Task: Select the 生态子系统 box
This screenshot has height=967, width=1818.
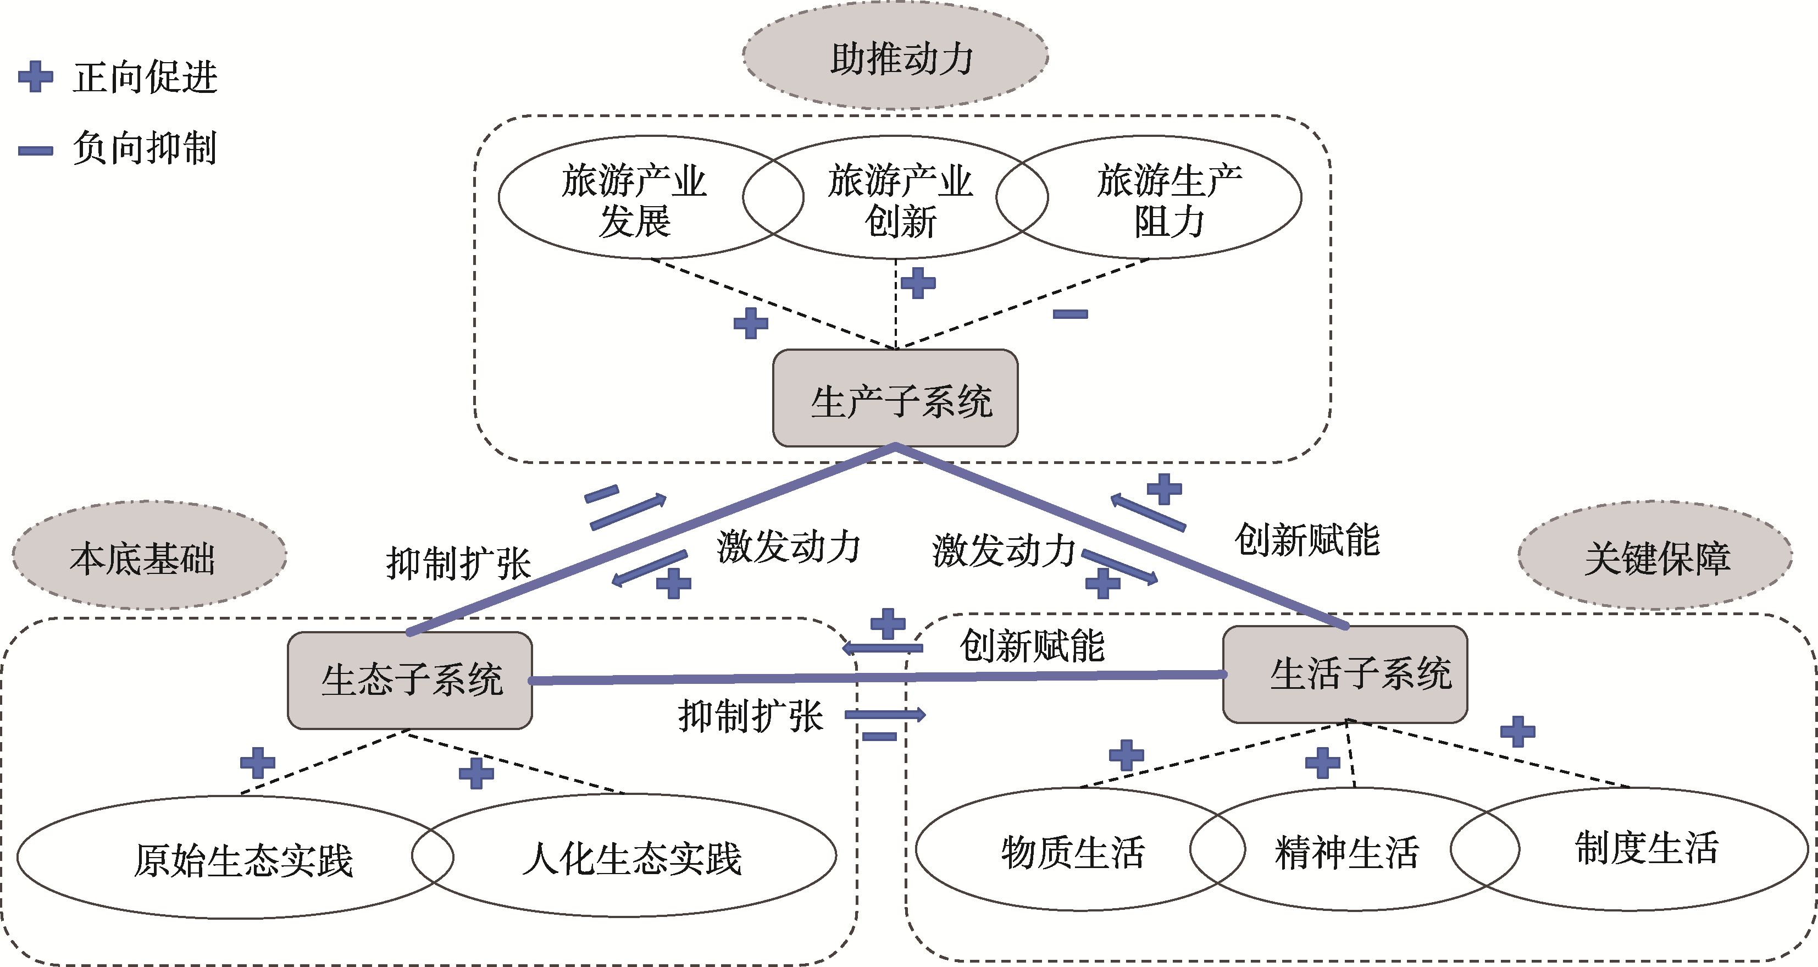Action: coord(410,679)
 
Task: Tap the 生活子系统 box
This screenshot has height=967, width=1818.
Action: coord(1345,674)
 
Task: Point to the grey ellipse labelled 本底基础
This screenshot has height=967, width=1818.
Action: coord(149,556)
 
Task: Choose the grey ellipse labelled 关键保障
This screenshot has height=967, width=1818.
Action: coord(1655,556)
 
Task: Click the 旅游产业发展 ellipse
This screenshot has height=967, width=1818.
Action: coord(634,200)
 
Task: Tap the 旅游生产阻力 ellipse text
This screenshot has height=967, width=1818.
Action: coord(1169,200)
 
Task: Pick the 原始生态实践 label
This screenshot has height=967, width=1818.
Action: coord(243,860)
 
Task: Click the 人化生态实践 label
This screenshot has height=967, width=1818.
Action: coord(631,858)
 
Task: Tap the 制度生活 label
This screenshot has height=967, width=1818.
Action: coord(1647,847)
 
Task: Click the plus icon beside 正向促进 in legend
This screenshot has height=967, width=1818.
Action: coord(35,76)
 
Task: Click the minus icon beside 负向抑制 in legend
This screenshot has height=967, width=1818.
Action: coord(35,150)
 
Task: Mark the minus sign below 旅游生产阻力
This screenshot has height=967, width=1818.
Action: coord(1070,314)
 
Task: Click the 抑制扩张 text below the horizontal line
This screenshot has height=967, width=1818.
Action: coord(750,716)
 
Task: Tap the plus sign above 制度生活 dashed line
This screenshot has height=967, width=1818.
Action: coord(1517,731)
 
